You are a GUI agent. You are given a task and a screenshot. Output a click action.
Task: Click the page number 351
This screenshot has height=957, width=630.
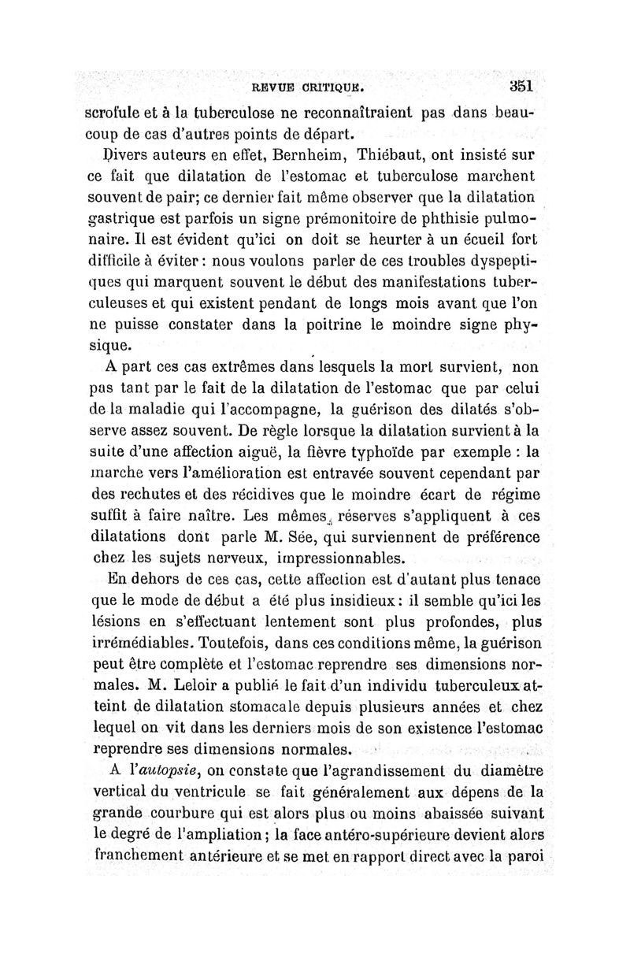coord(521,84)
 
